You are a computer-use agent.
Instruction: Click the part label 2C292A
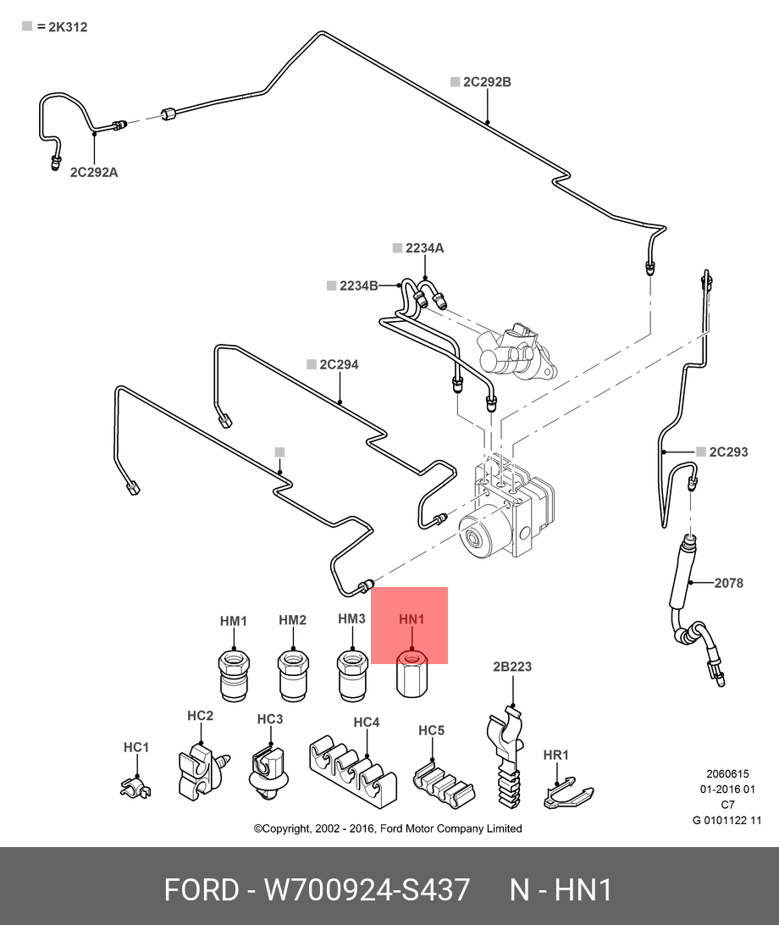(93, 173)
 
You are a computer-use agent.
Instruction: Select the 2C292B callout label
(487, 82)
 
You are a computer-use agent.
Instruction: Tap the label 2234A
(424, 248)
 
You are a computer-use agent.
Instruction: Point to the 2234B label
(358, 285)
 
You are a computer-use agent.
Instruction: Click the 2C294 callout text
(339, 365)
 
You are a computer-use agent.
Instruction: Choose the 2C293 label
(728, 451)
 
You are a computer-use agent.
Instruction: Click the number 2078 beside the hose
(728, 583)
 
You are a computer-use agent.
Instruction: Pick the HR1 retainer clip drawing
(565, 792)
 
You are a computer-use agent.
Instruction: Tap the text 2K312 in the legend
(68, 27)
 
